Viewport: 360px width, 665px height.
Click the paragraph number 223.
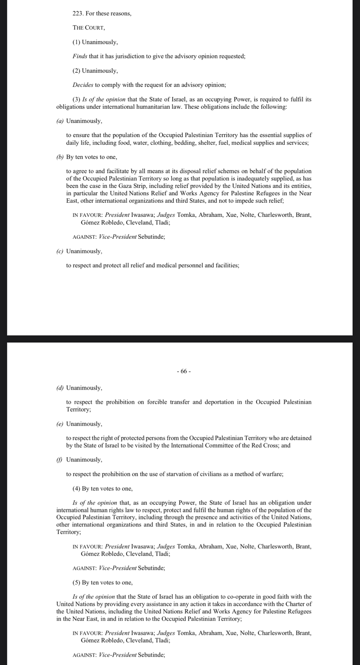point(78,14)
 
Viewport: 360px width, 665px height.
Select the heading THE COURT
point(89,28)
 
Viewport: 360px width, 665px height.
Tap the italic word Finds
point(80,56)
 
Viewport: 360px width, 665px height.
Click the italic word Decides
point(83,85)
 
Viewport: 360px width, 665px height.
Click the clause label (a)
point(60,121)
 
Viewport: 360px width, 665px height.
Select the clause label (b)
point(60,157)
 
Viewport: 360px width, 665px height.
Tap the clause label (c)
point(60,251)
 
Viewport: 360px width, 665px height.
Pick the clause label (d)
point(60,388)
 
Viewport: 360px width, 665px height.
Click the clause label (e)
point(60,424)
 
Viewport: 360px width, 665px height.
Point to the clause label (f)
point(60,460)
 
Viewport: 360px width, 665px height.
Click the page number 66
point(183,371)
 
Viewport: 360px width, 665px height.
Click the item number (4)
point(76,488)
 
